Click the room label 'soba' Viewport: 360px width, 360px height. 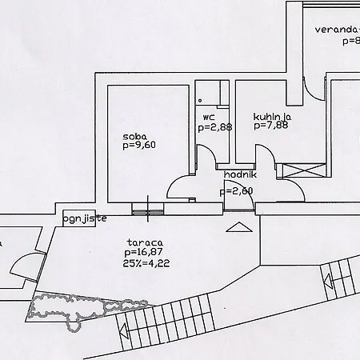point(134,137)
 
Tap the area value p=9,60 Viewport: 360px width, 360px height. point(139,146)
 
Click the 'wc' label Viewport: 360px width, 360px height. point(209,118)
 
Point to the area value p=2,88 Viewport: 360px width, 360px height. point(215,127)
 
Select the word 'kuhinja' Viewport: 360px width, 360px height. point(272,117)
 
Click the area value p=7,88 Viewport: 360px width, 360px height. point(271,126)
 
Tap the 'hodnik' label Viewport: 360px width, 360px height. point(240,175)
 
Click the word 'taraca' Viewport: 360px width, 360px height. point(145,242)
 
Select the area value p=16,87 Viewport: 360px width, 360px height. point(143,252)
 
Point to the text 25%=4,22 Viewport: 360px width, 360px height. point(146,263)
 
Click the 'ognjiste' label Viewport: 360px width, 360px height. point(85,219)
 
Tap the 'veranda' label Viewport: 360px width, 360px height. point(338,30)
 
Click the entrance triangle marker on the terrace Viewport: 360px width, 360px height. point(239,227)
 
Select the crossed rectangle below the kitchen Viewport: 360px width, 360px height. point(304,170)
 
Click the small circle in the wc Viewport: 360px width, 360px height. point(200,101)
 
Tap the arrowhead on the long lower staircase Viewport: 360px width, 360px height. point(123,331)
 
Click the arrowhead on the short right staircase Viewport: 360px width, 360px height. point(327,282)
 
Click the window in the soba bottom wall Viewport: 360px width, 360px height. point(148,209)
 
